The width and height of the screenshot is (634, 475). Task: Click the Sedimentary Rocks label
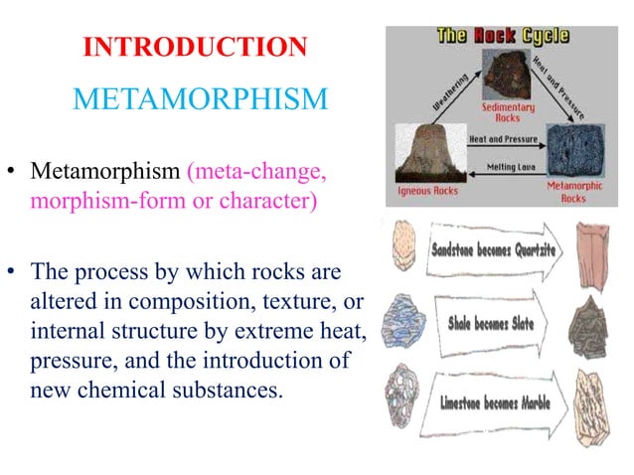click(x=508, y=111)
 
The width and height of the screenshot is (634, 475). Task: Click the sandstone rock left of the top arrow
click(x=406, y=244)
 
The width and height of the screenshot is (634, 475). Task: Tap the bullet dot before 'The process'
click(x=14, y=270)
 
